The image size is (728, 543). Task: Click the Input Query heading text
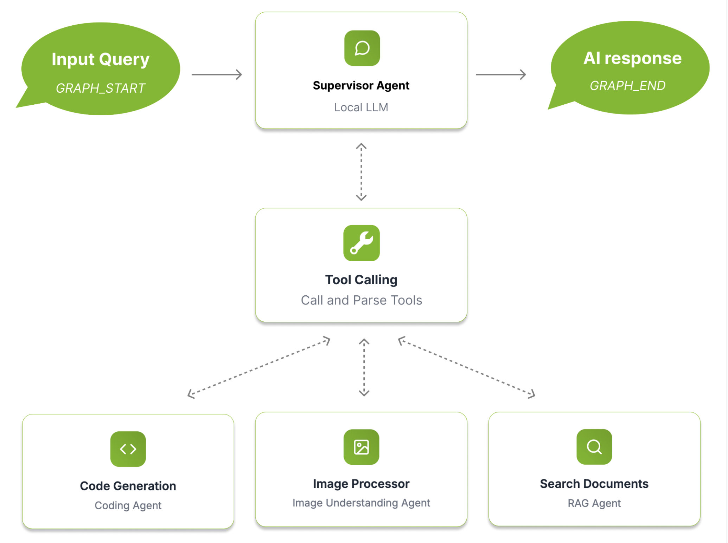click(x=100, y=59)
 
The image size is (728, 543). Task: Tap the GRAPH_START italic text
click(x=100, y=88)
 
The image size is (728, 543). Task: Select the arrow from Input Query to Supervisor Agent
click(x=217, y=74)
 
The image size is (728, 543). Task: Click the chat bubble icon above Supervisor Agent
click(x=362, y=48)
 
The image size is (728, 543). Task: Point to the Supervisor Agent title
click(x=361, y=85)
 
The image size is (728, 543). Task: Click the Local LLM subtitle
click(x=361, y=107)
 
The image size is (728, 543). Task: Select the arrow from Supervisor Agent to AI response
click(x=500, y=74)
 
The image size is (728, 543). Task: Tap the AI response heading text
click(x=632, y=58)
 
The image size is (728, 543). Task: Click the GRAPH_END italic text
click(x=627, y=86)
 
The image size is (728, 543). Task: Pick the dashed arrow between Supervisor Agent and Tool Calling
click(x=361, y=172)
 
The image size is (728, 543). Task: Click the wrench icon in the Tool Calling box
click(x=362, y=243)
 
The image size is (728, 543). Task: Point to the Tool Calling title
click(x=361, y=280)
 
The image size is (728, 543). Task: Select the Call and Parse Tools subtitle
click(x=361, y=300)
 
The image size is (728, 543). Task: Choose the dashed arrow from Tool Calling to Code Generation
click(x=259, y=368)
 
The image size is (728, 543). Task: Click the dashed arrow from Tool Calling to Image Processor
click(x=364, y=367)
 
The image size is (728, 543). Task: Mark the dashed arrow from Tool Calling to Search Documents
click(x=466, y=367)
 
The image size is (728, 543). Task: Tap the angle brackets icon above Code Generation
click(x=128, y=449)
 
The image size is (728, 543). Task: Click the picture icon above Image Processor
click(x=361, y=447)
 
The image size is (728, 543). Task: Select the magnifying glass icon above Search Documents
click(x=594, y=447)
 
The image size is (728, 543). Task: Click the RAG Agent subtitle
click(x=594, y=503)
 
